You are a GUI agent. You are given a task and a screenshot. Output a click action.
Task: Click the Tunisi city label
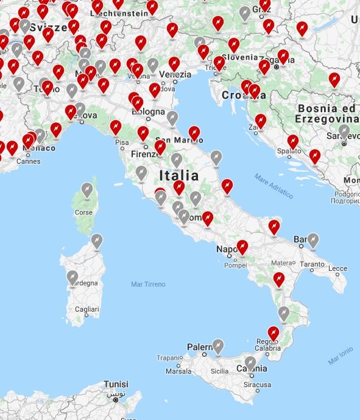tap(116, 385)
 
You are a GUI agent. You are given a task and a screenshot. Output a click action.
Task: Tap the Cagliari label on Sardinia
tap(86, 310)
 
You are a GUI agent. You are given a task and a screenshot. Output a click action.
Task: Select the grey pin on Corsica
tap(87, 190)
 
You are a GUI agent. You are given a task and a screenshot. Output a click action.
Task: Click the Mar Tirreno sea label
tap(148, 284)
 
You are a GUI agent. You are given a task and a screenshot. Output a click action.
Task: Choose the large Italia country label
tap(178, 176)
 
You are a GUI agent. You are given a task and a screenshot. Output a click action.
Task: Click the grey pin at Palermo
tap(218, 346)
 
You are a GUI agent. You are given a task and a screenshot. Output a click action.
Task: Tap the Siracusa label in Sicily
tap(258, 385)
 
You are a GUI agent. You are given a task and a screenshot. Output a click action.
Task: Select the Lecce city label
tap(337, 268)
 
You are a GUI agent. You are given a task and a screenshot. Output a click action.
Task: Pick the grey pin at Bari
tap(313, 240)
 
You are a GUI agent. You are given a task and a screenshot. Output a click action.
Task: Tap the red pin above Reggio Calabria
tap(274, 332)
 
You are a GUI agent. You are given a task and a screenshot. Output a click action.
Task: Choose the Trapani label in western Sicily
tap(170, 359)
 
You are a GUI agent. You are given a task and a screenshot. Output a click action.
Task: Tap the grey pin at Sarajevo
tap(344, 131)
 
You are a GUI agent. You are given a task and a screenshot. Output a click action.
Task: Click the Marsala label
tap(178, 371)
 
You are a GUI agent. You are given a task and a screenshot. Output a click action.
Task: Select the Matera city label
tap(282, 264)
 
